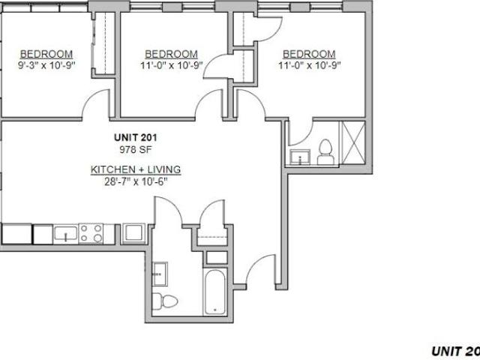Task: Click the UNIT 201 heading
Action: (135, 137)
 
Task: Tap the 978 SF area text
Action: (136, 150)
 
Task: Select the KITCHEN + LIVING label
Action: (136, 169)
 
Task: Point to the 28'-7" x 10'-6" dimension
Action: (136, 181)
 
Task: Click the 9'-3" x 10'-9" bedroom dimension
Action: (46, 65)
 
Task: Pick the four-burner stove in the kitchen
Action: (91, 233)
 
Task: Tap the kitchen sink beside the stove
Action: (65, 234)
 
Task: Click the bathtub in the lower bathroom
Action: (215, 292)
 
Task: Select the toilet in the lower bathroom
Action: (164, 301)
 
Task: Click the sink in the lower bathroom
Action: (160, 274)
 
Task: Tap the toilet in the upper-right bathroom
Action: (325, 152)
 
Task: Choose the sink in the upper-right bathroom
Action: (300, 157)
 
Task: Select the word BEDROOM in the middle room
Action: (171, 54)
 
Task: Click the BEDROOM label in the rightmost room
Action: (309, 54)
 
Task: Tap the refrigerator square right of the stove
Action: (133, 233)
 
